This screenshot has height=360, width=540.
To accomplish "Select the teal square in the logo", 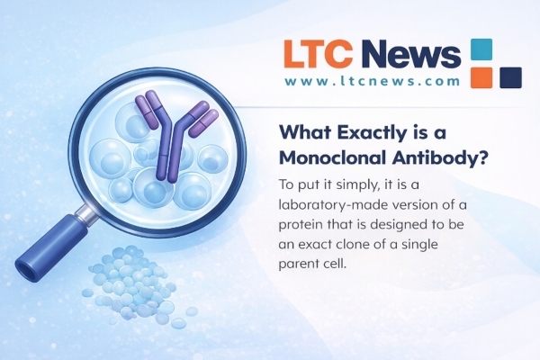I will [483, 50].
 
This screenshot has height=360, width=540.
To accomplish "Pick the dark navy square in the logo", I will [511, 77].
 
